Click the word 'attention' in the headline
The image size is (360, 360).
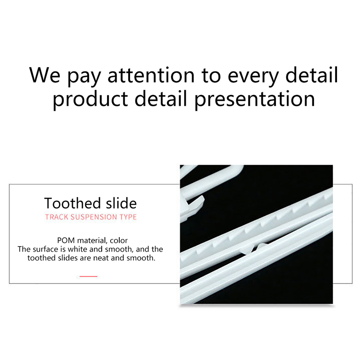(151, 75)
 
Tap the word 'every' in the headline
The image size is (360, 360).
(253, 77)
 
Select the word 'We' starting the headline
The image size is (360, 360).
(45, 75)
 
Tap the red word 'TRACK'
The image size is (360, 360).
(57, 217)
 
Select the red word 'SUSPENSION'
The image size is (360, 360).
(94, 217)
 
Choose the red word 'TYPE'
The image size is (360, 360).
(128, 217)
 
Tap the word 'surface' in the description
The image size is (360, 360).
(45, 249)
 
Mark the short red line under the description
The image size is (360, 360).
(88, 276)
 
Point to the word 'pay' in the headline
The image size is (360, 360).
(84, 77)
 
